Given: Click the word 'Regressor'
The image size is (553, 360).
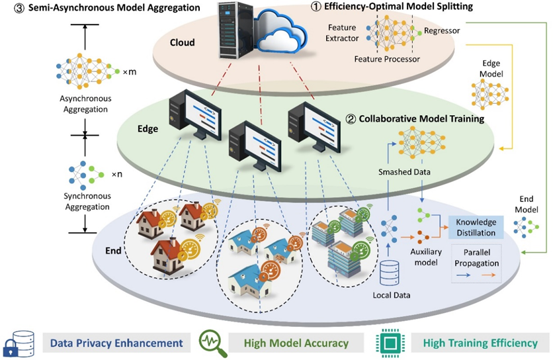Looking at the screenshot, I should tap(442, 30).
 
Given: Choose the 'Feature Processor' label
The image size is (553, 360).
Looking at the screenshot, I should tap(387, 60).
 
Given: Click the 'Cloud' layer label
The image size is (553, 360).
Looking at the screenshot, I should tap(182, 42).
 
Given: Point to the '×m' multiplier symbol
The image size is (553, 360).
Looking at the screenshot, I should tap(130, 71).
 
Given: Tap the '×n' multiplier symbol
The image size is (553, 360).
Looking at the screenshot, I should tap(117, 175).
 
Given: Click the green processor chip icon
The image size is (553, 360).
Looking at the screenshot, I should tap(389, 342).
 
